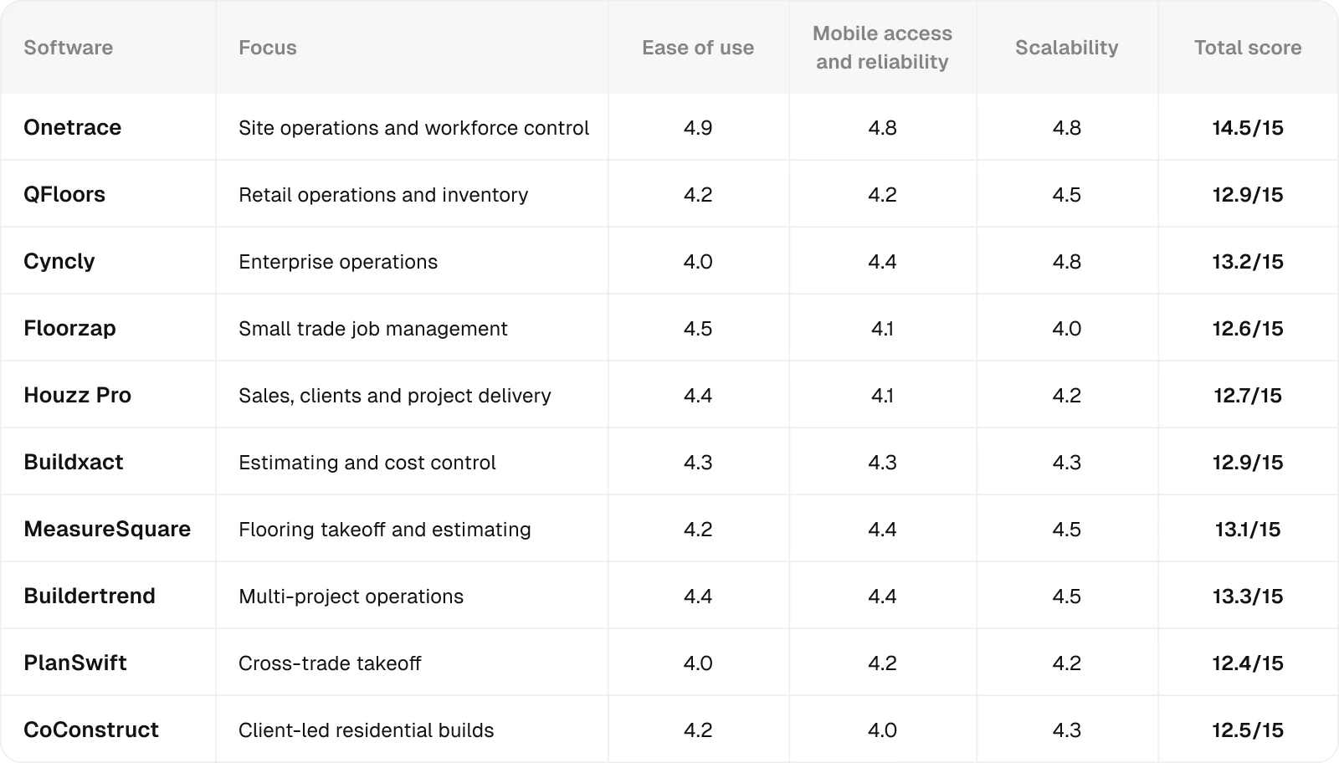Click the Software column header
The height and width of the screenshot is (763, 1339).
(68, 48)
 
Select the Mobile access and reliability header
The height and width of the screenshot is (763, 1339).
(882, 48)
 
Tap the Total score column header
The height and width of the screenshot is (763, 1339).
(1247, 48)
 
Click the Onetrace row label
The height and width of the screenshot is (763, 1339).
(72, 127)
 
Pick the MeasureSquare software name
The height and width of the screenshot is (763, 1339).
(107, 529)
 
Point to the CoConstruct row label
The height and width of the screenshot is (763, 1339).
(91, 730)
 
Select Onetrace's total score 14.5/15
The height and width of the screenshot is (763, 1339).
(1247, 127)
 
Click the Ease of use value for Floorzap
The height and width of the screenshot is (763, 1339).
(697, 328)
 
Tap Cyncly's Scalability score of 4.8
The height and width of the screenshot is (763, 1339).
(1066, 261)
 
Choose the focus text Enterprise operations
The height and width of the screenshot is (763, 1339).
(337, 261)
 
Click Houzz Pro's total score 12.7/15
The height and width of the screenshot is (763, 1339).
(1247, 395)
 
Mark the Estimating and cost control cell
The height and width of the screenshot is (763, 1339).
(367, 462)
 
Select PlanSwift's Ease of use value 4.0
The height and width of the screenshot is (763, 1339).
(697, 663)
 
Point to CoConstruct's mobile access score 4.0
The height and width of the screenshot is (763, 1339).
(882, 730)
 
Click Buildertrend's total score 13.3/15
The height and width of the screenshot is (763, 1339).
(1247, 596)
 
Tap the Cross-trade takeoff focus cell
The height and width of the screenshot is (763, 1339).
(330, 663)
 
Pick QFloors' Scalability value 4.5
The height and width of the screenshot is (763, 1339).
(1066, 194)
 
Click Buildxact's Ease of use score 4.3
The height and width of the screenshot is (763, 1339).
(697, 462)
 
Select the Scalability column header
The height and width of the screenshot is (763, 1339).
(1066, 48)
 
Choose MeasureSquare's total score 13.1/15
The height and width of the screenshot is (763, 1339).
(1247, 529)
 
